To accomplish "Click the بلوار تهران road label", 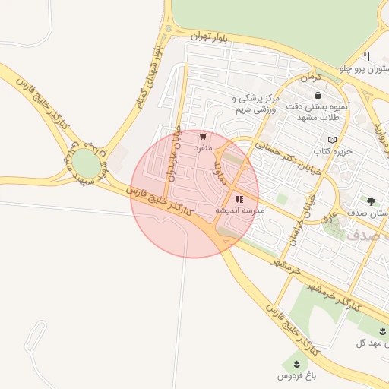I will coord(199,36).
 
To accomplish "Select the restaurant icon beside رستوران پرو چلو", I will coord(367,56).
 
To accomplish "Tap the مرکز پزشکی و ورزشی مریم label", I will coord(257,104).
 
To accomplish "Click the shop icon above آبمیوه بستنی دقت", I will coord(317,96).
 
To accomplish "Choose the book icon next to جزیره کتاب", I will coord(332,140).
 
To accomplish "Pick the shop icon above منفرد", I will coord(203,137).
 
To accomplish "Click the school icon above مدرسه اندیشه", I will coord(240,199).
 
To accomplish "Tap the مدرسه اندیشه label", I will coord(240,210).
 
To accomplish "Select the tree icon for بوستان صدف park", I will coord(371,201).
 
